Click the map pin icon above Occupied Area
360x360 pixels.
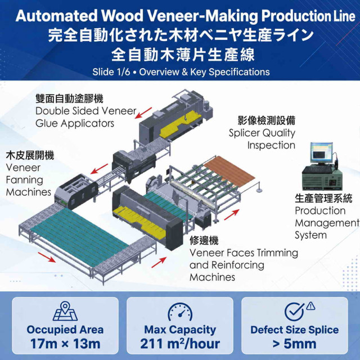tap(65, 311)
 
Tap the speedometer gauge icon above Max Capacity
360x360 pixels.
tap(180, 312)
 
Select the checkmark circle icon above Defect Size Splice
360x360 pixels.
tap(295, 312)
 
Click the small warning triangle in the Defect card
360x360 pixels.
tap(310, 305)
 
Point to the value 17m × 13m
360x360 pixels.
tap(65, 344)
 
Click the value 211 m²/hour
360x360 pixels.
tap(180, 344)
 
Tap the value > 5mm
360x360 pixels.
tap(295, 344)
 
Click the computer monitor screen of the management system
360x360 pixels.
tap(321, 152)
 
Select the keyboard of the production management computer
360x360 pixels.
tap(317, 169)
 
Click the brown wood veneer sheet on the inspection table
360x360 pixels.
tap(229, 171)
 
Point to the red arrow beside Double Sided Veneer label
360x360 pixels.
tap(143, 113)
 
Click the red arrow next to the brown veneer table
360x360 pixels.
tap(231, 215)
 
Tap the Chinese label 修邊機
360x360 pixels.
tap(204, 240)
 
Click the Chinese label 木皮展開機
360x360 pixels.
tap(30, 155)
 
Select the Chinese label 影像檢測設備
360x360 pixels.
tap(266, 120)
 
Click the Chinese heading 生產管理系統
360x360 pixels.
tap(323, 199)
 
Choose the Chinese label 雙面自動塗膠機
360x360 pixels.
tap(69, 99)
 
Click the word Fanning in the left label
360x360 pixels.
tap(24, 180)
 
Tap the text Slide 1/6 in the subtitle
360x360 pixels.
tap(111, 72)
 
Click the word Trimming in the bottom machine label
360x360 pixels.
tap(277, 253)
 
